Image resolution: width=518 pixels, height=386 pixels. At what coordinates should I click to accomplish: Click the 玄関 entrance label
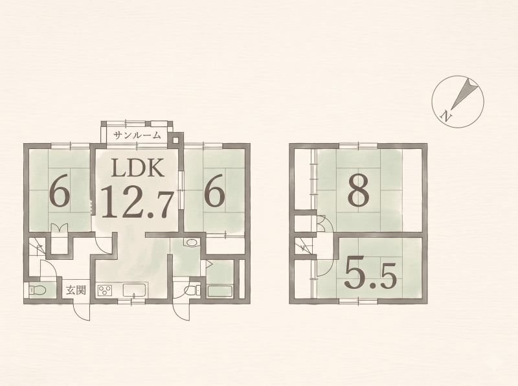pos(76,291)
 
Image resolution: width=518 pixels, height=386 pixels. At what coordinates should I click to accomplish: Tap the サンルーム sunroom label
pos(137,135)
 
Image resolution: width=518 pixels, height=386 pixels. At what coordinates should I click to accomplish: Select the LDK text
pos(137,168)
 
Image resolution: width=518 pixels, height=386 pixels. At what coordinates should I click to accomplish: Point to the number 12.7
pos(137,202)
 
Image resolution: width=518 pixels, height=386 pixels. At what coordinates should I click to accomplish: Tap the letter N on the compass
pos(446,116)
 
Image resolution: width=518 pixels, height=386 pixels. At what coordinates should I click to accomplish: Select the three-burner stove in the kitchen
pos(105,291)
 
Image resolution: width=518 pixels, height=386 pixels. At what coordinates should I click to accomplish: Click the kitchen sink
pos(135,290)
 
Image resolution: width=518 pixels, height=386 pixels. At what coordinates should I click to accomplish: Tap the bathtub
pos(220,291)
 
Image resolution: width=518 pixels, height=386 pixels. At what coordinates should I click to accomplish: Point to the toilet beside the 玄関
pos(38,291)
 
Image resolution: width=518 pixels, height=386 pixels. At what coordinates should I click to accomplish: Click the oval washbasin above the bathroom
pos(191,243)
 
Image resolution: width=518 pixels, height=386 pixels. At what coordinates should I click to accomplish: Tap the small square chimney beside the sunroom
pos(175,140)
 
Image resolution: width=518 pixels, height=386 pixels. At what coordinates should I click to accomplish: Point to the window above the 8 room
pos(359,146)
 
